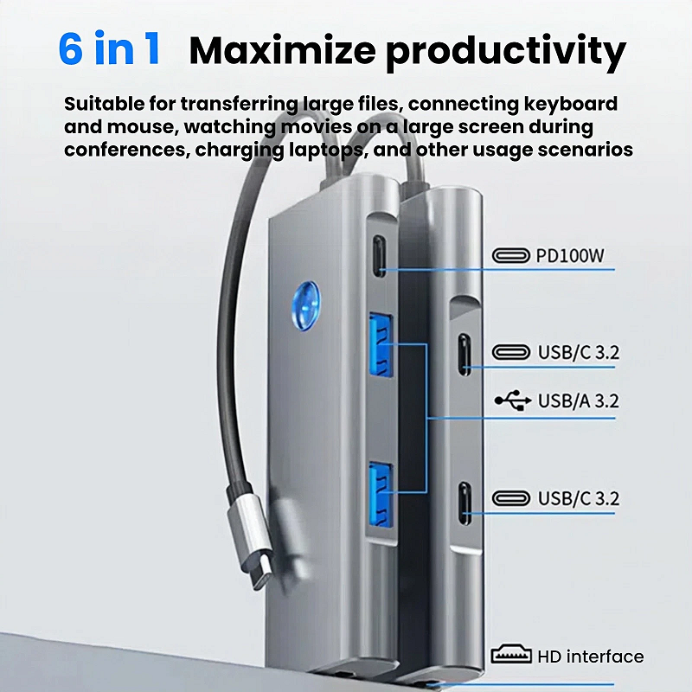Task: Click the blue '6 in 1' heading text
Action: click(109, 49)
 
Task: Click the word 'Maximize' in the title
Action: click(282, 50)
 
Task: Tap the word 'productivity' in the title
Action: click(506, 53)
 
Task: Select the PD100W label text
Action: click(570, 255)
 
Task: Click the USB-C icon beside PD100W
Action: click(510, 255)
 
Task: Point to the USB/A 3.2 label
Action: click(578, 400)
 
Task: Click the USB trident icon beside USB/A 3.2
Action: click(512, 400)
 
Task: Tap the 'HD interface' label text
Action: click(591, 657)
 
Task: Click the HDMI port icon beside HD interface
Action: click(511, 655)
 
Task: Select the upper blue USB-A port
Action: click(380, 344)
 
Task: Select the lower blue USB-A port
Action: click(381, 494)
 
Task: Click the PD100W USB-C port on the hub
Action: click(379, 256)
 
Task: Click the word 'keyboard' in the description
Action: click(570, 104)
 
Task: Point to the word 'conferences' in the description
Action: click(125, 150)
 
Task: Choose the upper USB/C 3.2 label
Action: click(579, 352)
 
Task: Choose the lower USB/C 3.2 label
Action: click(579, 498)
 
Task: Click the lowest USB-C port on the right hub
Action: click(465, 503)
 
